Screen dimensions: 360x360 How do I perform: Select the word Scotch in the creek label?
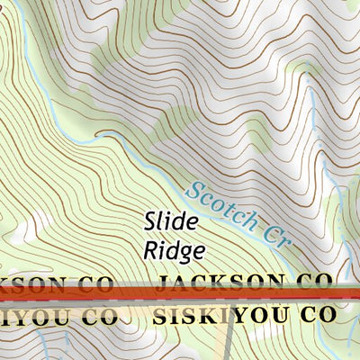tap(215, 203)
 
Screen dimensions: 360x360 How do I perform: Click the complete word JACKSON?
tap(222, 284)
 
